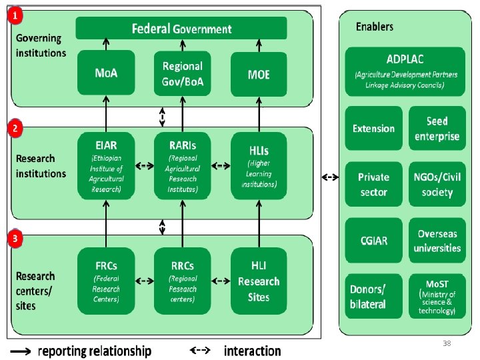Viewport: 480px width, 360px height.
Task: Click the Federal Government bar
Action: pyautogui.click(x=181, y=28)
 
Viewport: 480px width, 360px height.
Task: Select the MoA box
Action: pyautogui.click(x=106, y=73)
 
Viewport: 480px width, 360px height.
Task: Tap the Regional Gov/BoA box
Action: pyautogui.click(x=183, y=73)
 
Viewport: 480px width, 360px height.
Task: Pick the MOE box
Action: pyautogui.click(x=259, y=74)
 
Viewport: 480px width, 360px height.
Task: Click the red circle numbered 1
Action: pyautogui.click(x=15, y=15)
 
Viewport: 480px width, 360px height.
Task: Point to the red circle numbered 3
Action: pyautogui.click(x=15, y=238)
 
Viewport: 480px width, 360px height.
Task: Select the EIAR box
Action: pyautogui.click(x=106, y=165)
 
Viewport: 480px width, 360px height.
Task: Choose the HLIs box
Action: pyautogui.click(x=259, y=165)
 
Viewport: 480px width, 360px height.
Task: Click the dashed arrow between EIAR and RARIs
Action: pyautogui.click(x=145, y=166)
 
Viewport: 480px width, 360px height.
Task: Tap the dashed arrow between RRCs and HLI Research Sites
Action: pyautogui.click(x=221, y=281)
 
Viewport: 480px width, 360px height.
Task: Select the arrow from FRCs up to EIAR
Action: pyautogui.click(x=106, y=224)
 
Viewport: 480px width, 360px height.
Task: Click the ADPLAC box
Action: pyautogui.click(x=405, y=71)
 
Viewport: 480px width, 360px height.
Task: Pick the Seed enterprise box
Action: pyautogui.click(x=437, y=128)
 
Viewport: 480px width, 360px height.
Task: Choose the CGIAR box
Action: pyautogui.click(x=373, y=240)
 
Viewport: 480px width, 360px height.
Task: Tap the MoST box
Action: pyautogui.click(x=437, y=296)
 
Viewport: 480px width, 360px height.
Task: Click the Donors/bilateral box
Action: pyautogui.click(x=373, y=296)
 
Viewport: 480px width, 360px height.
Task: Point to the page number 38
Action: pyautogui.click(x=447, y=343)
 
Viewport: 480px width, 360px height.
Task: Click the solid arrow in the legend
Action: pyautogui.click(x=21, y=351)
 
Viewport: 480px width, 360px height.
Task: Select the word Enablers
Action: pyautogui.click(x=375, y=27)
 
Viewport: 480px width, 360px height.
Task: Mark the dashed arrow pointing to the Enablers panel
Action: pyautogui.click(x=330, y=177)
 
